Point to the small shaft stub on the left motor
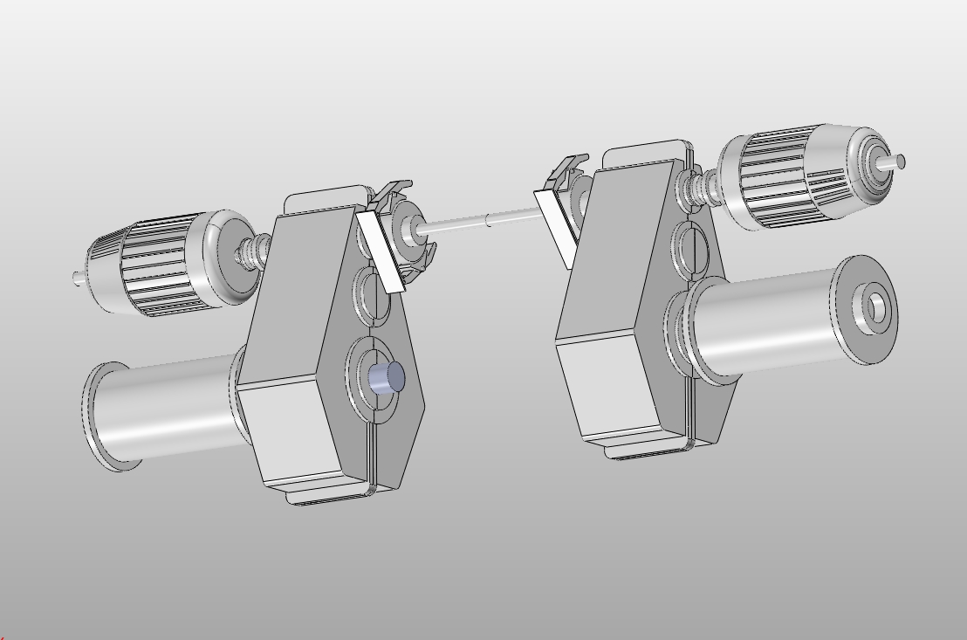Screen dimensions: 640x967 click(79, 278)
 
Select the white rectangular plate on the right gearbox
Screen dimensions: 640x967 click(556, 225)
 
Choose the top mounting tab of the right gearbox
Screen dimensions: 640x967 click(641, 155)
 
